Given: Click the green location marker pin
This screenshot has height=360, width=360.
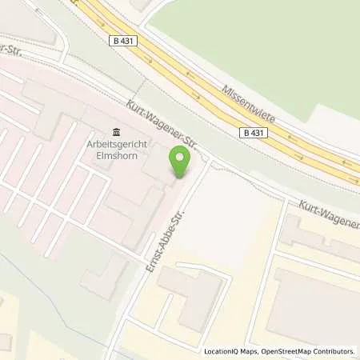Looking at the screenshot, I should [181, 163].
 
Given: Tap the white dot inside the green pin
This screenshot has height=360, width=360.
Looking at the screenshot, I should [181, 158].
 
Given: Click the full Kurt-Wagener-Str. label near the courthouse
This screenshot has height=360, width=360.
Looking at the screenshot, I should [162, 123].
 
